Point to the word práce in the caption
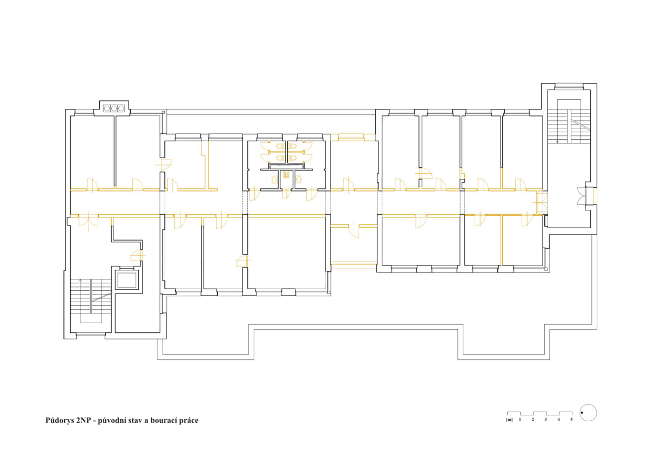point(188,421)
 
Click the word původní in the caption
point(112,421)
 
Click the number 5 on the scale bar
point(571,420)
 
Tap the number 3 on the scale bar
point(545,420)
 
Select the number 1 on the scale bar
point(520,420)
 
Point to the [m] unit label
point(509,420)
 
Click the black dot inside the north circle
point(582,413)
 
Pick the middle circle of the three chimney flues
point(114,108)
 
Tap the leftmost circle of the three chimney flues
point(107,108)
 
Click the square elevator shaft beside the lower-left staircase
point(127,280)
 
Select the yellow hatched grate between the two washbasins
point(286,175)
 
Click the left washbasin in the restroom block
point(274,180)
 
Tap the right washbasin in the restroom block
point(299,180)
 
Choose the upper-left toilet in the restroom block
point(280,146)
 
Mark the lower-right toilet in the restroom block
point(292,158)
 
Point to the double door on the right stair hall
point(581,196)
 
